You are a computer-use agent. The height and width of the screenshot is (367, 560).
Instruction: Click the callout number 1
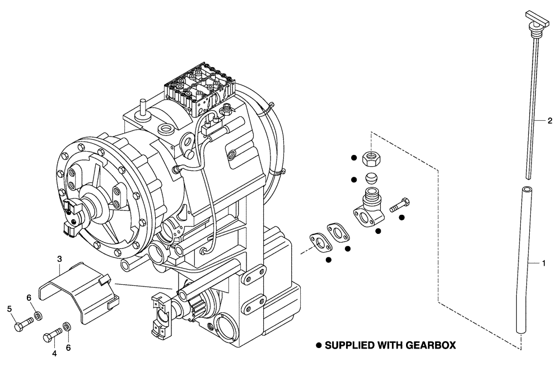(x=542, y=262)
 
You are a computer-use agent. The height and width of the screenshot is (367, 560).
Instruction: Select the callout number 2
(x=550, y=120)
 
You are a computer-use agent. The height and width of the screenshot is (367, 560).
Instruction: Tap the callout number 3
(x=59, y=258)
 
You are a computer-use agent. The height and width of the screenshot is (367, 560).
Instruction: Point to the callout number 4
(x=55, y=353)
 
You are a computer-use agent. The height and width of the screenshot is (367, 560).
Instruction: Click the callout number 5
(x=10, y=308)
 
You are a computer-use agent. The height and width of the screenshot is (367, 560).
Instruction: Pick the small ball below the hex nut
(x=371, y=179)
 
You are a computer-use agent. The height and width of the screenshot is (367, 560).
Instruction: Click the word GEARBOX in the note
(x=428, y=346)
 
